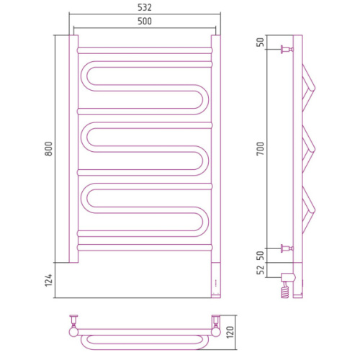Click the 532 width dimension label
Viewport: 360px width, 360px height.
coord(145,8)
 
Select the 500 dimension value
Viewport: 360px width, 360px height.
coord(145,22)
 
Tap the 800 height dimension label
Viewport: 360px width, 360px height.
coord(48,149)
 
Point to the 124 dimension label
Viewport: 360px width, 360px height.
coord(48,280)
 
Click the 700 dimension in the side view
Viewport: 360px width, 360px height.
coord(261,148)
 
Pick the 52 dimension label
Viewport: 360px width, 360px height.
coord(261,269)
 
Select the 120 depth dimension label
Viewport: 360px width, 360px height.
coord(230,332)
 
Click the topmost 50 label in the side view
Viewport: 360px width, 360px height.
coord(261,42)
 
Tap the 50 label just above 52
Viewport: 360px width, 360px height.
coord(261,256)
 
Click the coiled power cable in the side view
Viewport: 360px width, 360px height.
coord(285,290)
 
